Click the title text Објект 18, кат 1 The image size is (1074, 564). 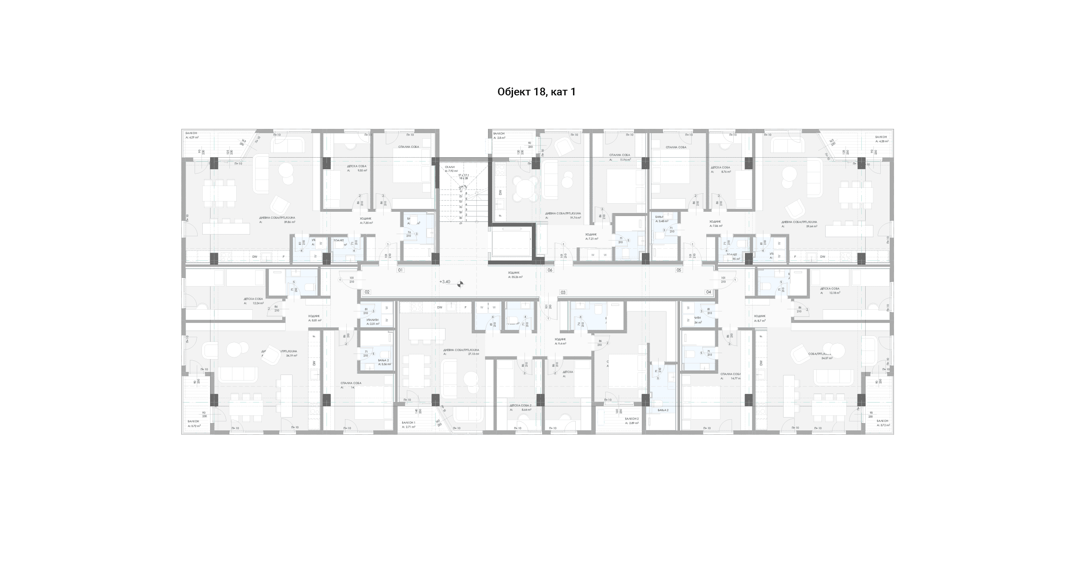(536, 92)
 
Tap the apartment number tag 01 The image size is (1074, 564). (400, 270)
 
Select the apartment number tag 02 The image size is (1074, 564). (367, 292)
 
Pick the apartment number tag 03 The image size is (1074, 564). (562, 292)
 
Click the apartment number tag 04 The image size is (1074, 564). (708, 292)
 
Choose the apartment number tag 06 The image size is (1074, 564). (549, 270)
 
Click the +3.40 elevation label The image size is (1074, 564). (445, 282)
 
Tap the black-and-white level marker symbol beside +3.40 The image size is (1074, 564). (460, 284)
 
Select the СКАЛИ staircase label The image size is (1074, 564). (450, 167)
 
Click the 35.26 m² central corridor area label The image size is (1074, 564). (515, 277)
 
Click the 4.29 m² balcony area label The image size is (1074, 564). (192, 137)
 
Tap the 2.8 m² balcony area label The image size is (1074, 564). (499, 138)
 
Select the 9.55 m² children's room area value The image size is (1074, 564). (363, 171)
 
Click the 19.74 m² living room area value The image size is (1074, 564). (575, 218)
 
